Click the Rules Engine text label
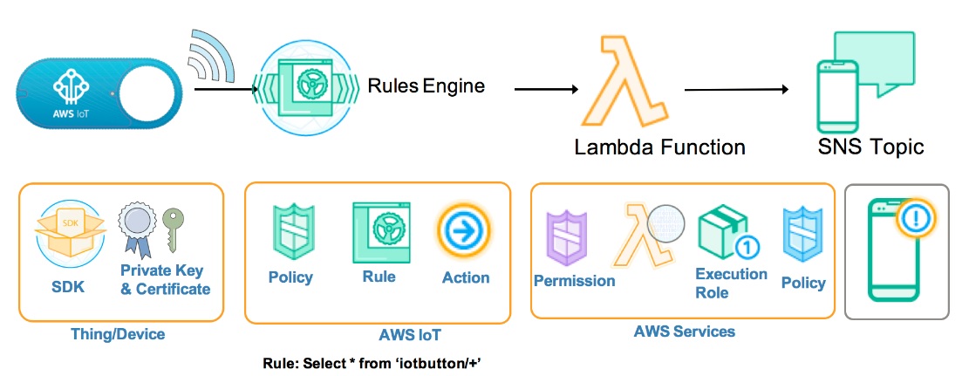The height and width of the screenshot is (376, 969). [x=426, y=85]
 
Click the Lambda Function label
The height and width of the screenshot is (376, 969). [x=659, y=147]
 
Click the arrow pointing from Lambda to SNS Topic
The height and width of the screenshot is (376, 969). [x=737, y=88]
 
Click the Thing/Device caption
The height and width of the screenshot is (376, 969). [x=117, y=334]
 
